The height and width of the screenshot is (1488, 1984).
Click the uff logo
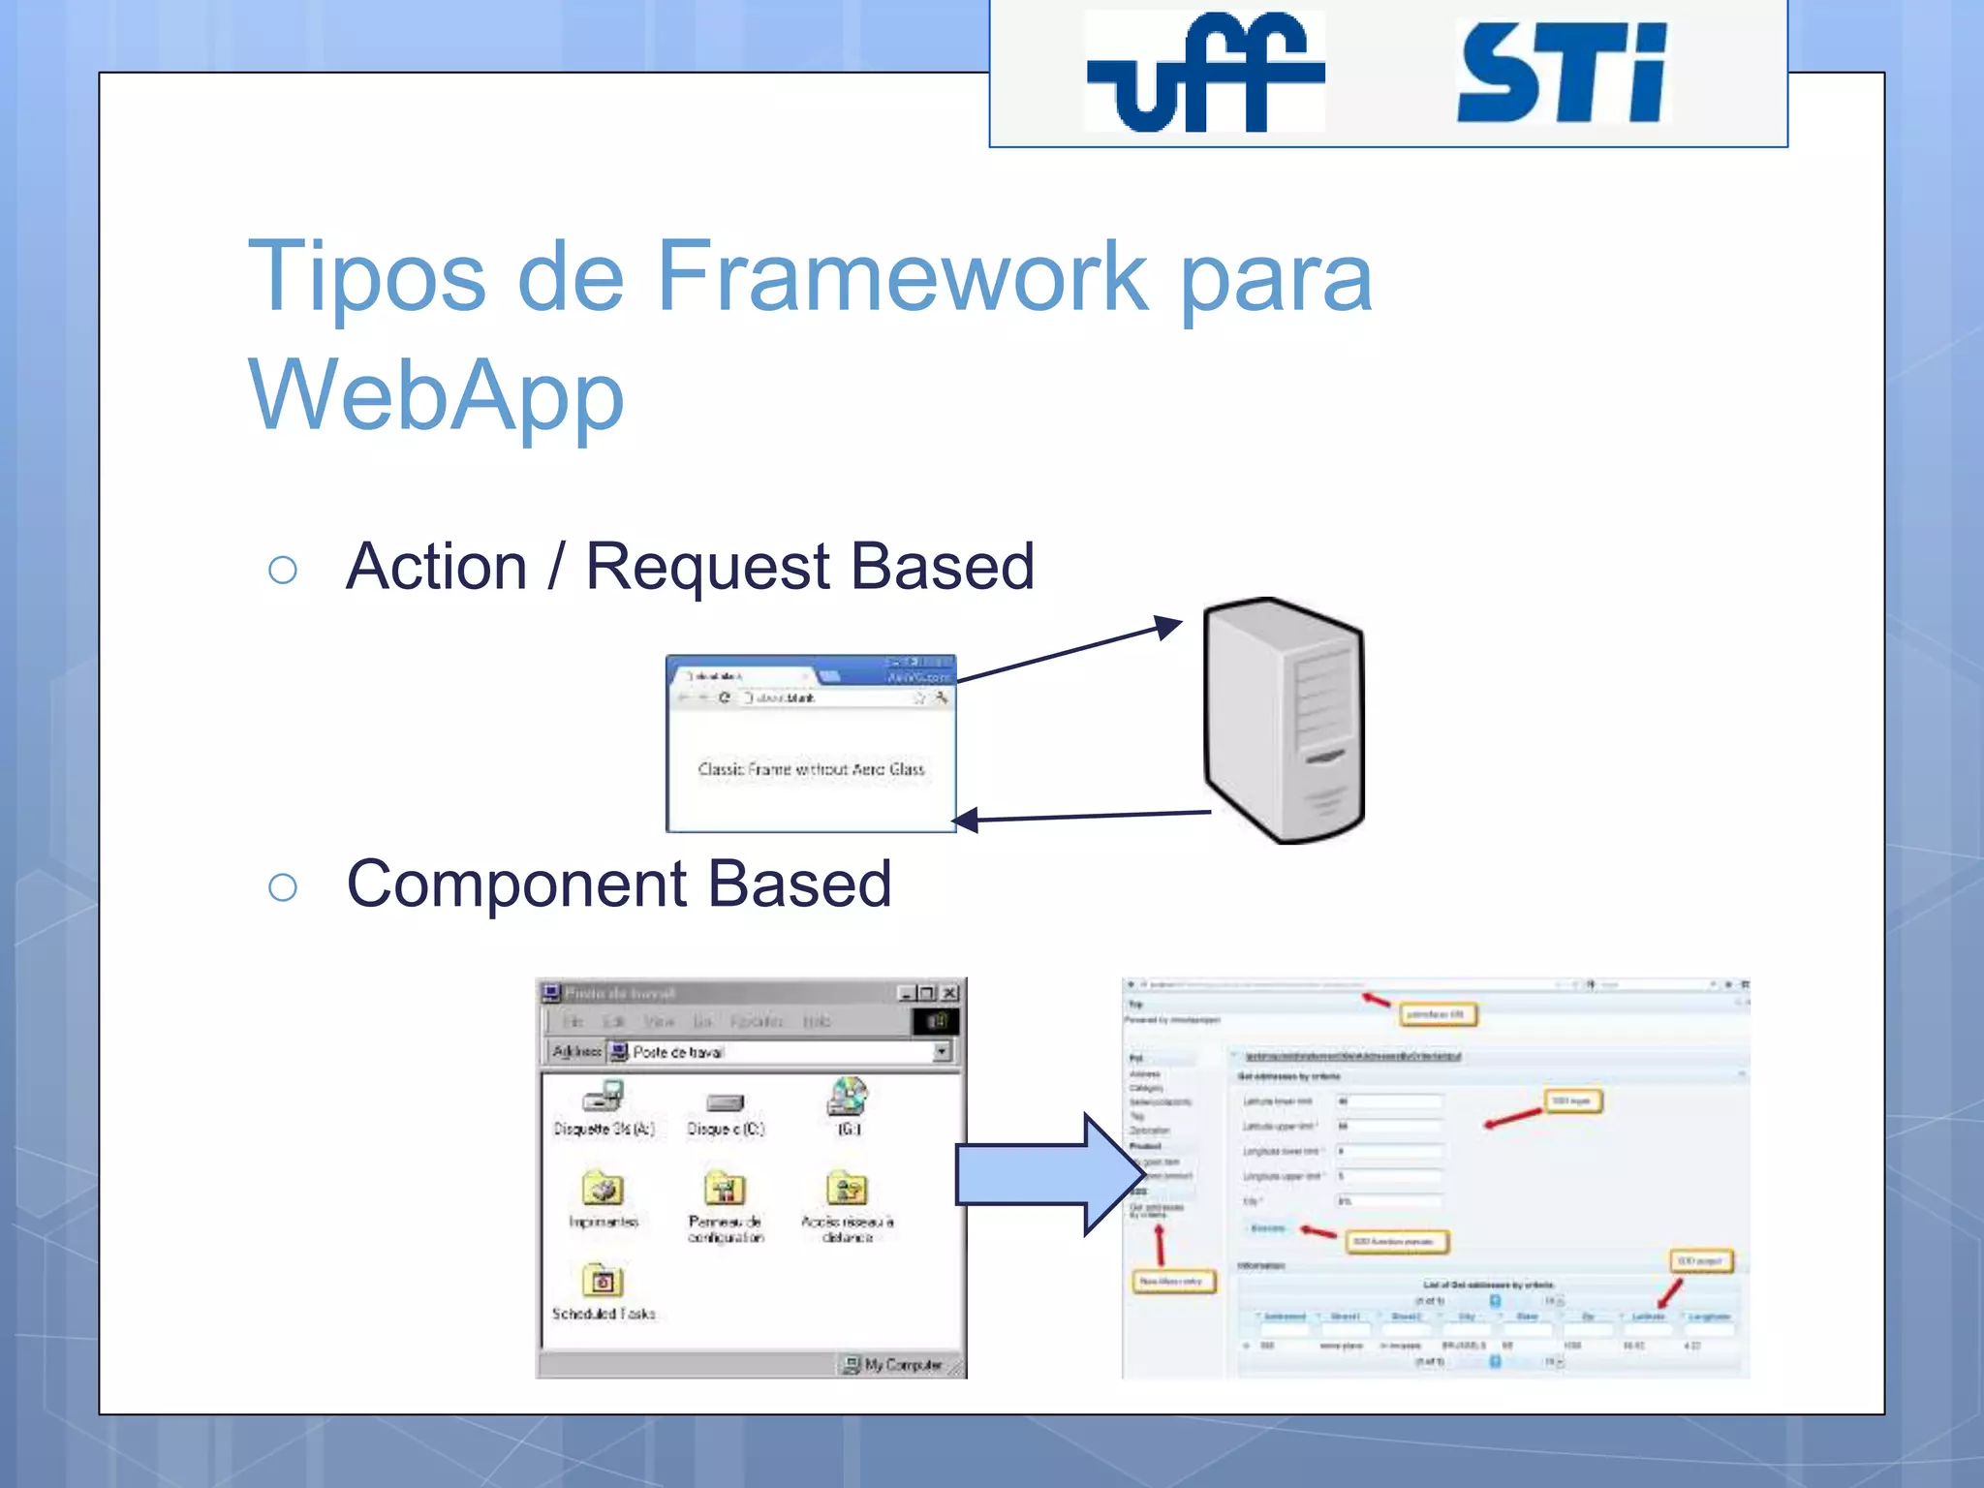click(1204, 72)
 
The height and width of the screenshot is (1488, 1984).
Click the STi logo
click(1562, 74)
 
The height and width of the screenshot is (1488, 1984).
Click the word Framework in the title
click(902, 277)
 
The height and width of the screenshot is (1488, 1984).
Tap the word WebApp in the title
click(436, 395)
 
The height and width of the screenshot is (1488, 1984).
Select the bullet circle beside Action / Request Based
click(282, 570)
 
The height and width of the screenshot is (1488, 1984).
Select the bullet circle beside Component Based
click(282, 886)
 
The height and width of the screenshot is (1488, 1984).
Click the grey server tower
click(1283, 722)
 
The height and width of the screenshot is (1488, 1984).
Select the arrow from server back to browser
click(1080, 817)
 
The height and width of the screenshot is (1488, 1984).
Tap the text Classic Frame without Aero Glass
click(811, 769)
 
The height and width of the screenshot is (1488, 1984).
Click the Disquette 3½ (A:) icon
click(604, 1098)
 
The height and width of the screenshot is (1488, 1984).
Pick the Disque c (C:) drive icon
click(725, 1102)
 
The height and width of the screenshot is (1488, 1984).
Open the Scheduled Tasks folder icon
click(602, 1282)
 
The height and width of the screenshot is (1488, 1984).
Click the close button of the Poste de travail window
click(950, 993)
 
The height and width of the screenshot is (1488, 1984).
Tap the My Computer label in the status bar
click(902, 1364)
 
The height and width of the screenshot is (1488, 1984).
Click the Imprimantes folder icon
click(603, 1190)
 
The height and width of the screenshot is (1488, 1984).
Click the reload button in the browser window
click(725, 697)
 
